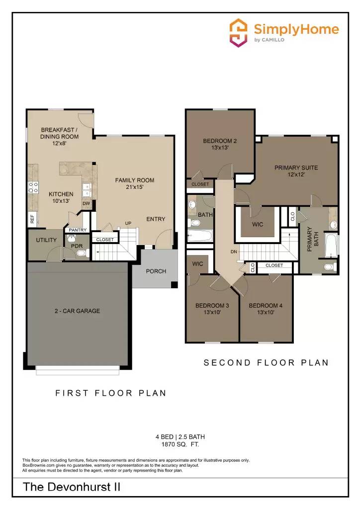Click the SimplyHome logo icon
coord(238,33)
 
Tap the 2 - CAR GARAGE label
coord(77,311)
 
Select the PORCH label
coord(156,271)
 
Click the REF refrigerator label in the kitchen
coord(32,218)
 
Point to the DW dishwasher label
coord(86,203)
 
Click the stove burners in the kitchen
coord(33,187)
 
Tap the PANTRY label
coord(78,230)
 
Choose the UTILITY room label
coord(46,240)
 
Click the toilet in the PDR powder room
coord(82,253)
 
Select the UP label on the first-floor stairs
coord(128,223)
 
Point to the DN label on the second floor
coord(234,252)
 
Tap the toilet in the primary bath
coord(329,267)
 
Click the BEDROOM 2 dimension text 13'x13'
coord(220,148)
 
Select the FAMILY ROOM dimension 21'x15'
coord(135,187)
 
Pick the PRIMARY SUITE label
coord(296,168)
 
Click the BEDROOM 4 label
coord(266,306)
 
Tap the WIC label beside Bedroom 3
coord(197,264)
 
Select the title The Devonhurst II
coord(72,488)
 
